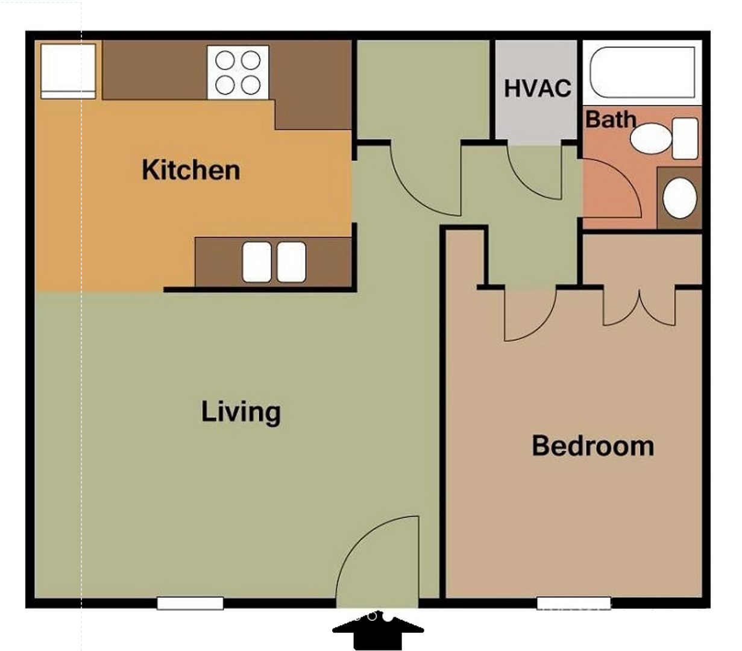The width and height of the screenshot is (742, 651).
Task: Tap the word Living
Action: point(241,412)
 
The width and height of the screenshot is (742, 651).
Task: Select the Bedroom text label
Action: point(593,446)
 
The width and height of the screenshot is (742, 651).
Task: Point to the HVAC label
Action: point(538,89)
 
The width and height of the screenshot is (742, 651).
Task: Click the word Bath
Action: point(611,119)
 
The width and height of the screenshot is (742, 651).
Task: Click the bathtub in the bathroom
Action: point(643,72)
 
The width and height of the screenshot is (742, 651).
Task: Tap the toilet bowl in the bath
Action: point(651,139)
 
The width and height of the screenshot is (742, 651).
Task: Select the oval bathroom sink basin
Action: point(679,198)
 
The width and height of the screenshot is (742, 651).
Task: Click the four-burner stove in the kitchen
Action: point(238,72)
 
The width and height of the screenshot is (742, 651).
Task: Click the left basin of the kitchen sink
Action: point(257,262)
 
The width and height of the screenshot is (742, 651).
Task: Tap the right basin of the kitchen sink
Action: point(291,262)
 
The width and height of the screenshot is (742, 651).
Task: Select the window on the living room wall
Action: point(190,603)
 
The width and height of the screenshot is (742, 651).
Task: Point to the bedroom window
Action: point(574,603)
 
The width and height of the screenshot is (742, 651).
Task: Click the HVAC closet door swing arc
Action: point(524,183)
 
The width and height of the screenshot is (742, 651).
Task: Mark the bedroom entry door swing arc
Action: point(542,328)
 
